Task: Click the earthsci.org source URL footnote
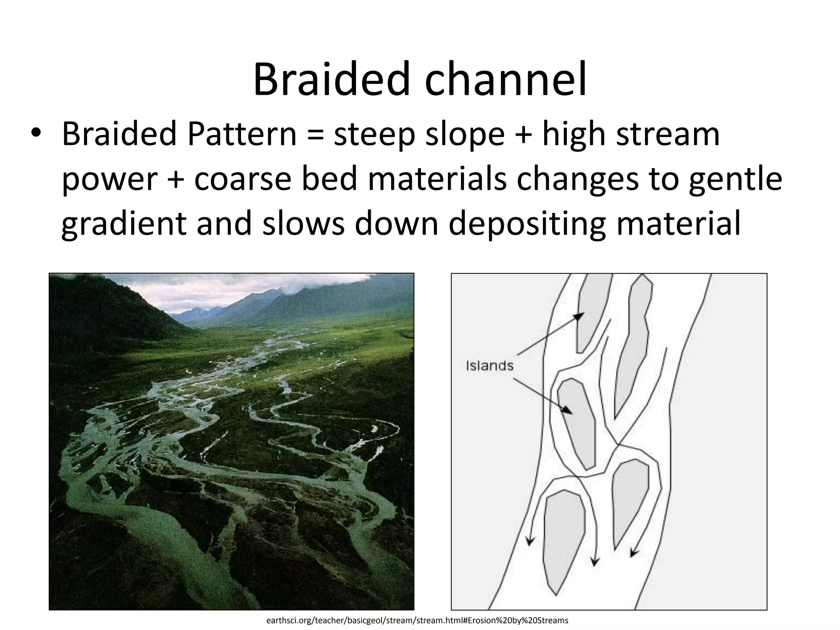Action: click(x=417, y=620)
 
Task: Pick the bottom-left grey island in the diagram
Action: click(x=563, y=537)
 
